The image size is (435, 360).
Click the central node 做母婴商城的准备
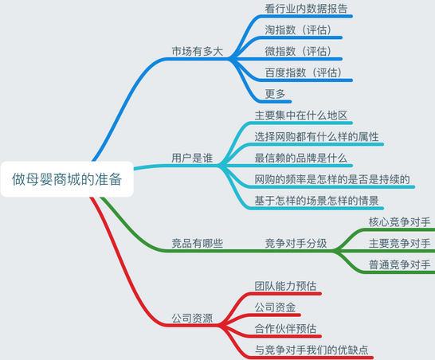click(67, 179)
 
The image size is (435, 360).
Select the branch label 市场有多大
click(198, 51)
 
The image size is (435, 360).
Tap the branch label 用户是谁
click(192, 158)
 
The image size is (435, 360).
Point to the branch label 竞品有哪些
click(198, 243)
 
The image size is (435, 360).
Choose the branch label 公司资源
click(192, 318)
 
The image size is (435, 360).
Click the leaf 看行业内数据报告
click(306, 9)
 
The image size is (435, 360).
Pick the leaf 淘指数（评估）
click(299, 30)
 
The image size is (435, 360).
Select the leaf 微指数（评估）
click(299, 51)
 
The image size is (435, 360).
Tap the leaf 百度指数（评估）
click(304, 72)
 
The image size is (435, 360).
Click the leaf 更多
click(275, 94)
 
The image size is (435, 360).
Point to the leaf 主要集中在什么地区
click(300, 115)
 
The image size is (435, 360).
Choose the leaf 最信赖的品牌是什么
click(300, 158)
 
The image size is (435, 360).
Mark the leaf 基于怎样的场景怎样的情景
click(316, 201)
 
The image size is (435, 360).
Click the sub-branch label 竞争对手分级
click(296, 243)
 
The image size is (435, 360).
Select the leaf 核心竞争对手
click(399, 222)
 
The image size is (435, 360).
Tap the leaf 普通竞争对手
click(399, 265)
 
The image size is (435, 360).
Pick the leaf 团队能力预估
click(285, 286)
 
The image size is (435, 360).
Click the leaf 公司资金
click(275, 307)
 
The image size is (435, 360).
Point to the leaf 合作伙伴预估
click(285, 329)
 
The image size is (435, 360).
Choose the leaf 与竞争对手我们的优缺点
click(312, 350)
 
